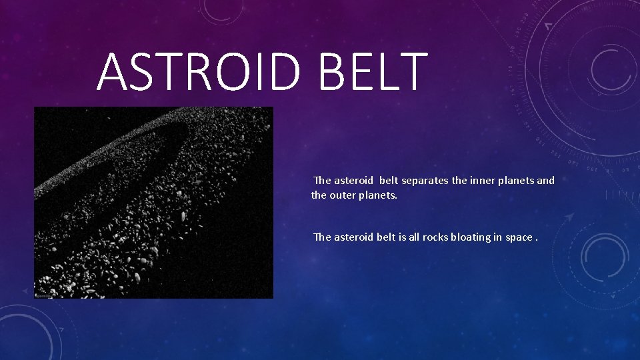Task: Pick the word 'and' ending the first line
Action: pyautogui.click(x=545, y=180)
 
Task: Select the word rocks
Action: pyautogui.click(x=434, y=237)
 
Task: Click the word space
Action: pyautogui.click(x=519, y=237)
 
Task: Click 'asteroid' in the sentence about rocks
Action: pyautogui.click(x=353, y=237)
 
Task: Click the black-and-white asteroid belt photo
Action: pyautogui.click(x=153, y=202)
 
